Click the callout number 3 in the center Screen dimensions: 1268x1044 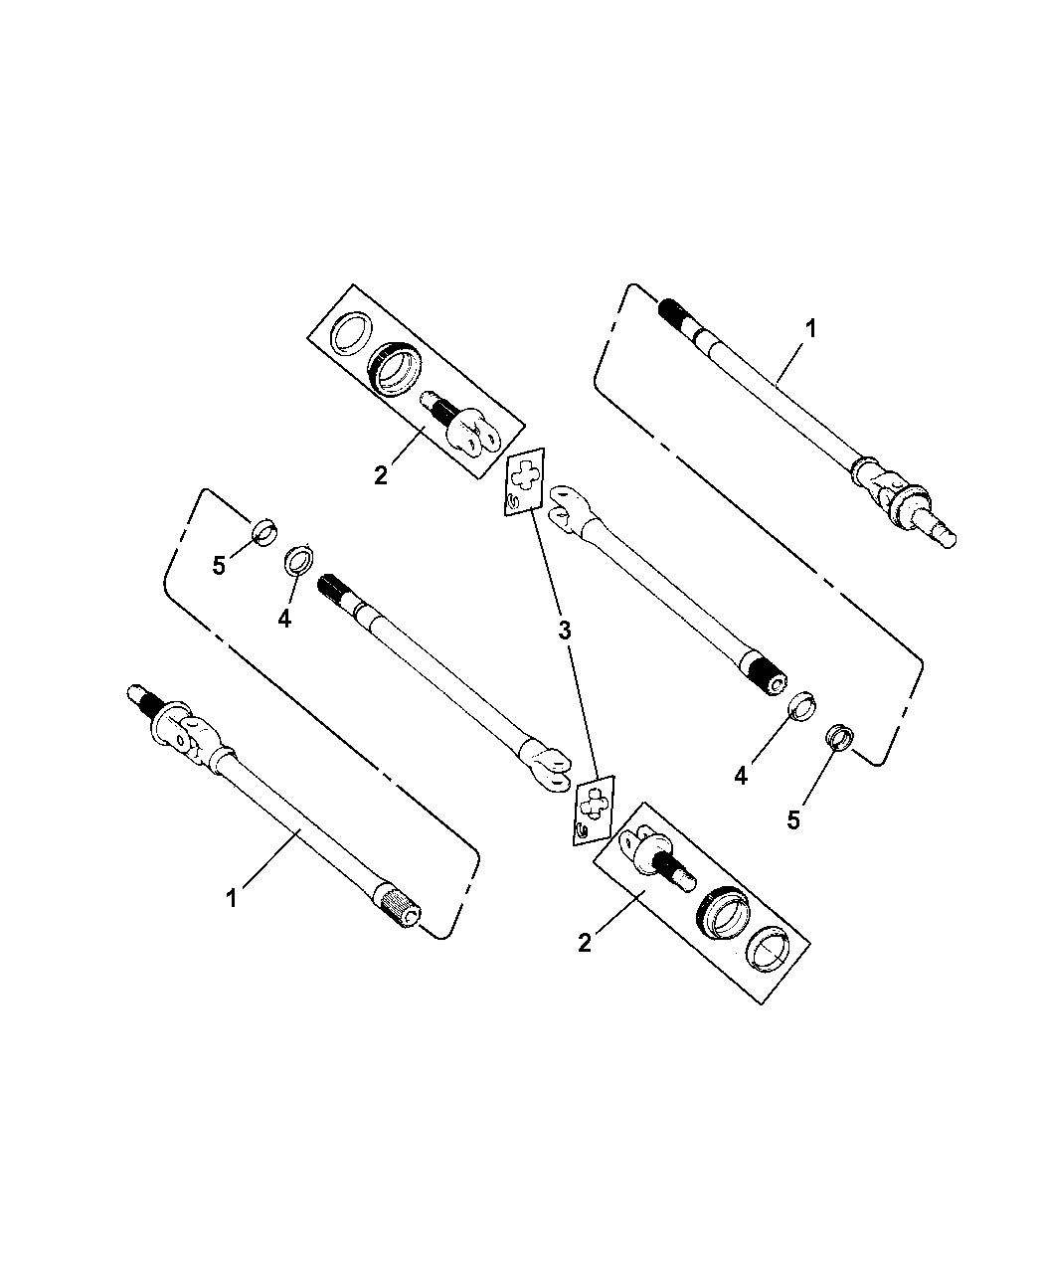[565, 631]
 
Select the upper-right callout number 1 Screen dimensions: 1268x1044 [811, 329]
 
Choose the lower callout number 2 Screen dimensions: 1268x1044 [585, 942]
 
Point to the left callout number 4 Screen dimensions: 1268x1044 [284, 619]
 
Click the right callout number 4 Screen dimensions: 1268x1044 [741, 775]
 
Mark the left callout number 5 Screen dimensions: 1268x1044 [220, 565]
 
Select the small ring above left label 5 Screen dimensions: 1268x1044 [264, 532]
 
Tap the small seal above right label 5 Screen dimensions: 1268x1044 [841, 739]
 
